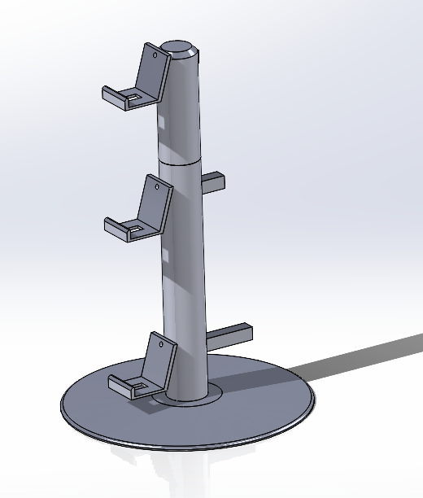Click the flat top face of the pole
180,47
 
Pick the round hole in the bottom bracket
162,345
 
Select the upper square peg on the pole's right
211,182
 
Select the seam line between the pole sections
180,163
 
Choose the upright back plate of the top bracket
151,78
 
